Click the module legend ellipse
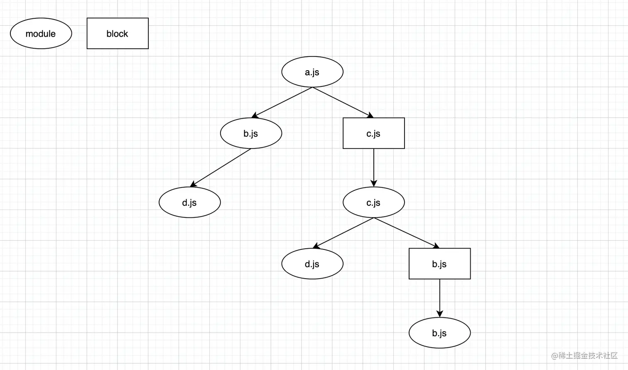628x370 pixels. (41, 34)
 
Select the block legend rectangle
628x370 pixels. (118, 34)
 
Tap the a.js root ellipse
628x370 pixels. (312, 72)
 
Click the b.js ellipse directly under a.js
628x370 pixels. (251, 133)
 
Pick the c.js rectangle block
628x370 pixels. (373, 133)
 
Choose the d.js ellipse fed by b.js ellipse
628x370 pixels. (189, 202)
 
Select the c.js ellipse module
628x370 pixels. (373, 202)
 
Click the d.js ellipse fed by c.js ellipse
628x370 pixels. (312, 264)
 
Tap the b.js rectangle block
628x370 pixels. (439, 264)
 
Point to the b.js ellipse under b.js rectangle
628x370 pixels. (439, 333)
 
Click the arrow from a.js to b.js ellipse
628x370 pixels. (282, 102)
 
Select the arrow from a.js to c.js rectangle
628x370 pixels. (343, 102)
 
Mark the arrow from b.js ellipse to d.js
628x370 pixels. (221, 168)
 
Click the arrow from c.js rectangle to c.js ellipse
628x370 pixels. (374, 166)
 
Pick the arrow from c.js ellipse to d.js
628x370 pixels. (343, 233)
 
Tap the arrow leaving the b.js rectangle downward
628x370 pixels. (439, 297)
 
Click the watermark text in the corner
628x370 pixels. (584, 356)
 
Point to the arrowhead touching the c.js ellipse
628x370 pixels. (374, 183)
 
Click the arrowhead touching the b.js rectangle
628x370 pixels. (436, 246)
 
